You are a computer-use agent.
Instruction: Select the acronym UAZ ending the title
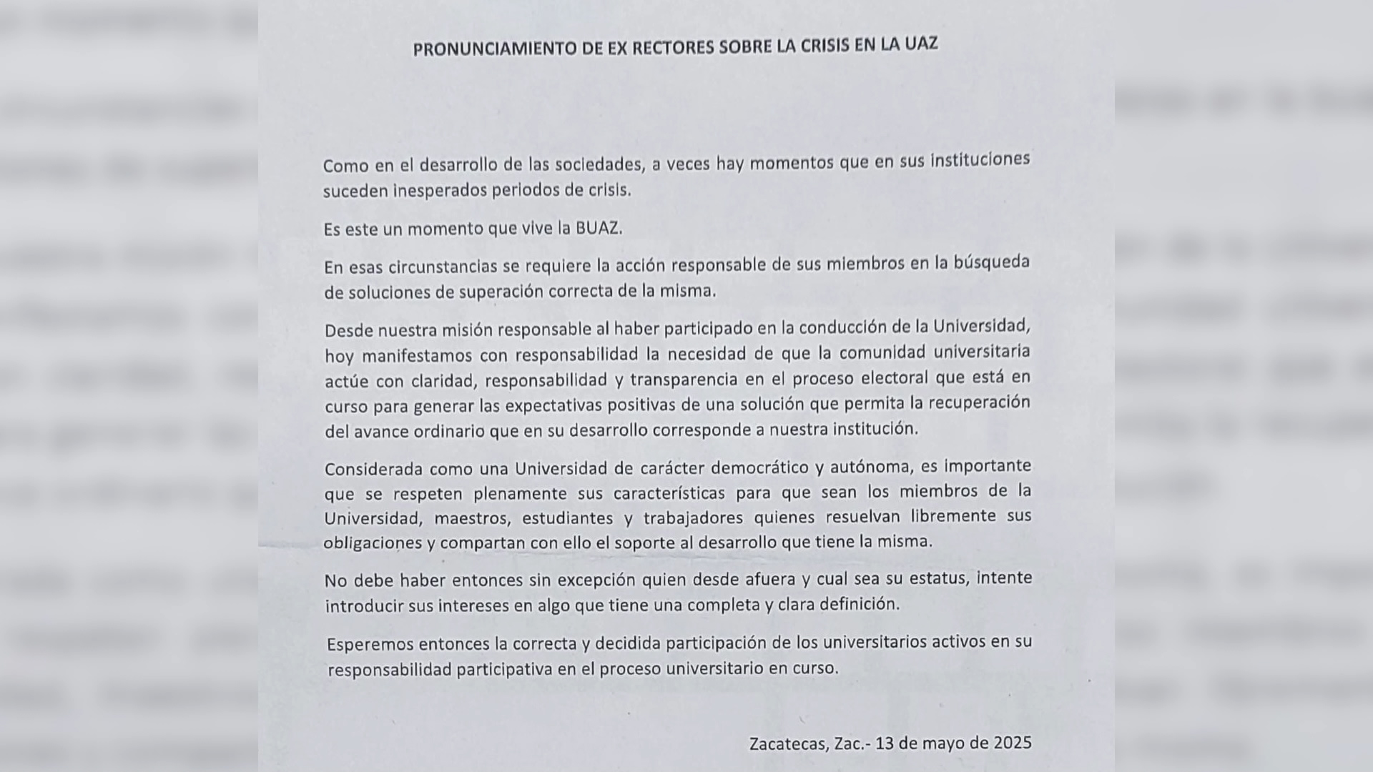click(920, 44)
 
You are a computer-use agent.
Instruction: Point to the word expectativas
click(553, 405)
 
